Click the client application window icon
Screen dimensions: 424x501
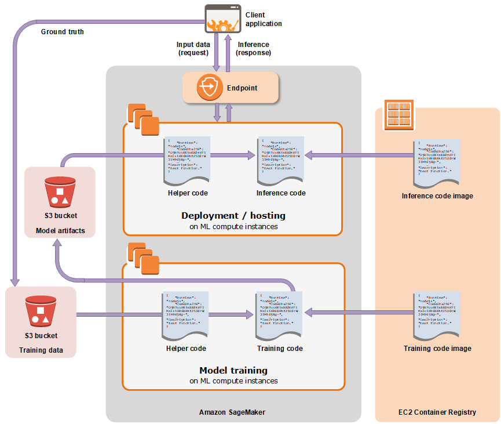pyautogui.click(x=222, y=19)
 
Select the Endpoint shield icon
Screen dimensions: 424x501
pyautogui.click(x=207, y=88)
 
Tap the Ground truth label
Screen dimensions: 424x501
pyautogui.click(x=62, y=31)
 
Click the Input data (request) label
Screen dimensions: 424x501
pyautogui.click(x=193, y=49)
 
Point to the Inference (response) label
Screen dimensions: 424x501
pyautogui.click(x=254, y=49)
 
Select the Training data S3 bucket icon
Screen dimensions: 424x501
pyautogui.click(x=40, y=312)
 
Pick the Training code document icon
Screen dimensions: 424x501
pyautogui.click(x=280, y=316)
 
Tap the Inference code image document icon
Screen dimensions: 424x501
pyautogui.click(x=437, y=163)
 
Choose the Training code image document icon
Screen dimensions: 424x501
pyautogui.click(x=437, y=316)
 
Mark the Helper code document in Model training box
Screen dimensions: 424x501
pyautogui.click(x=186, y=316)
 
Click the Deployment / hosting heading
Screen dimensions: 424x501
pyautogui.click(x=233, y=215)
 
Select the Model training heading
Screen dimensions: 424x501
pyautogui.click(x=233, y=370)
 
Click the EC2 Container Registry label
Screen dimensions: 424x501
pyautogui.click(x=437, y=412)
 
